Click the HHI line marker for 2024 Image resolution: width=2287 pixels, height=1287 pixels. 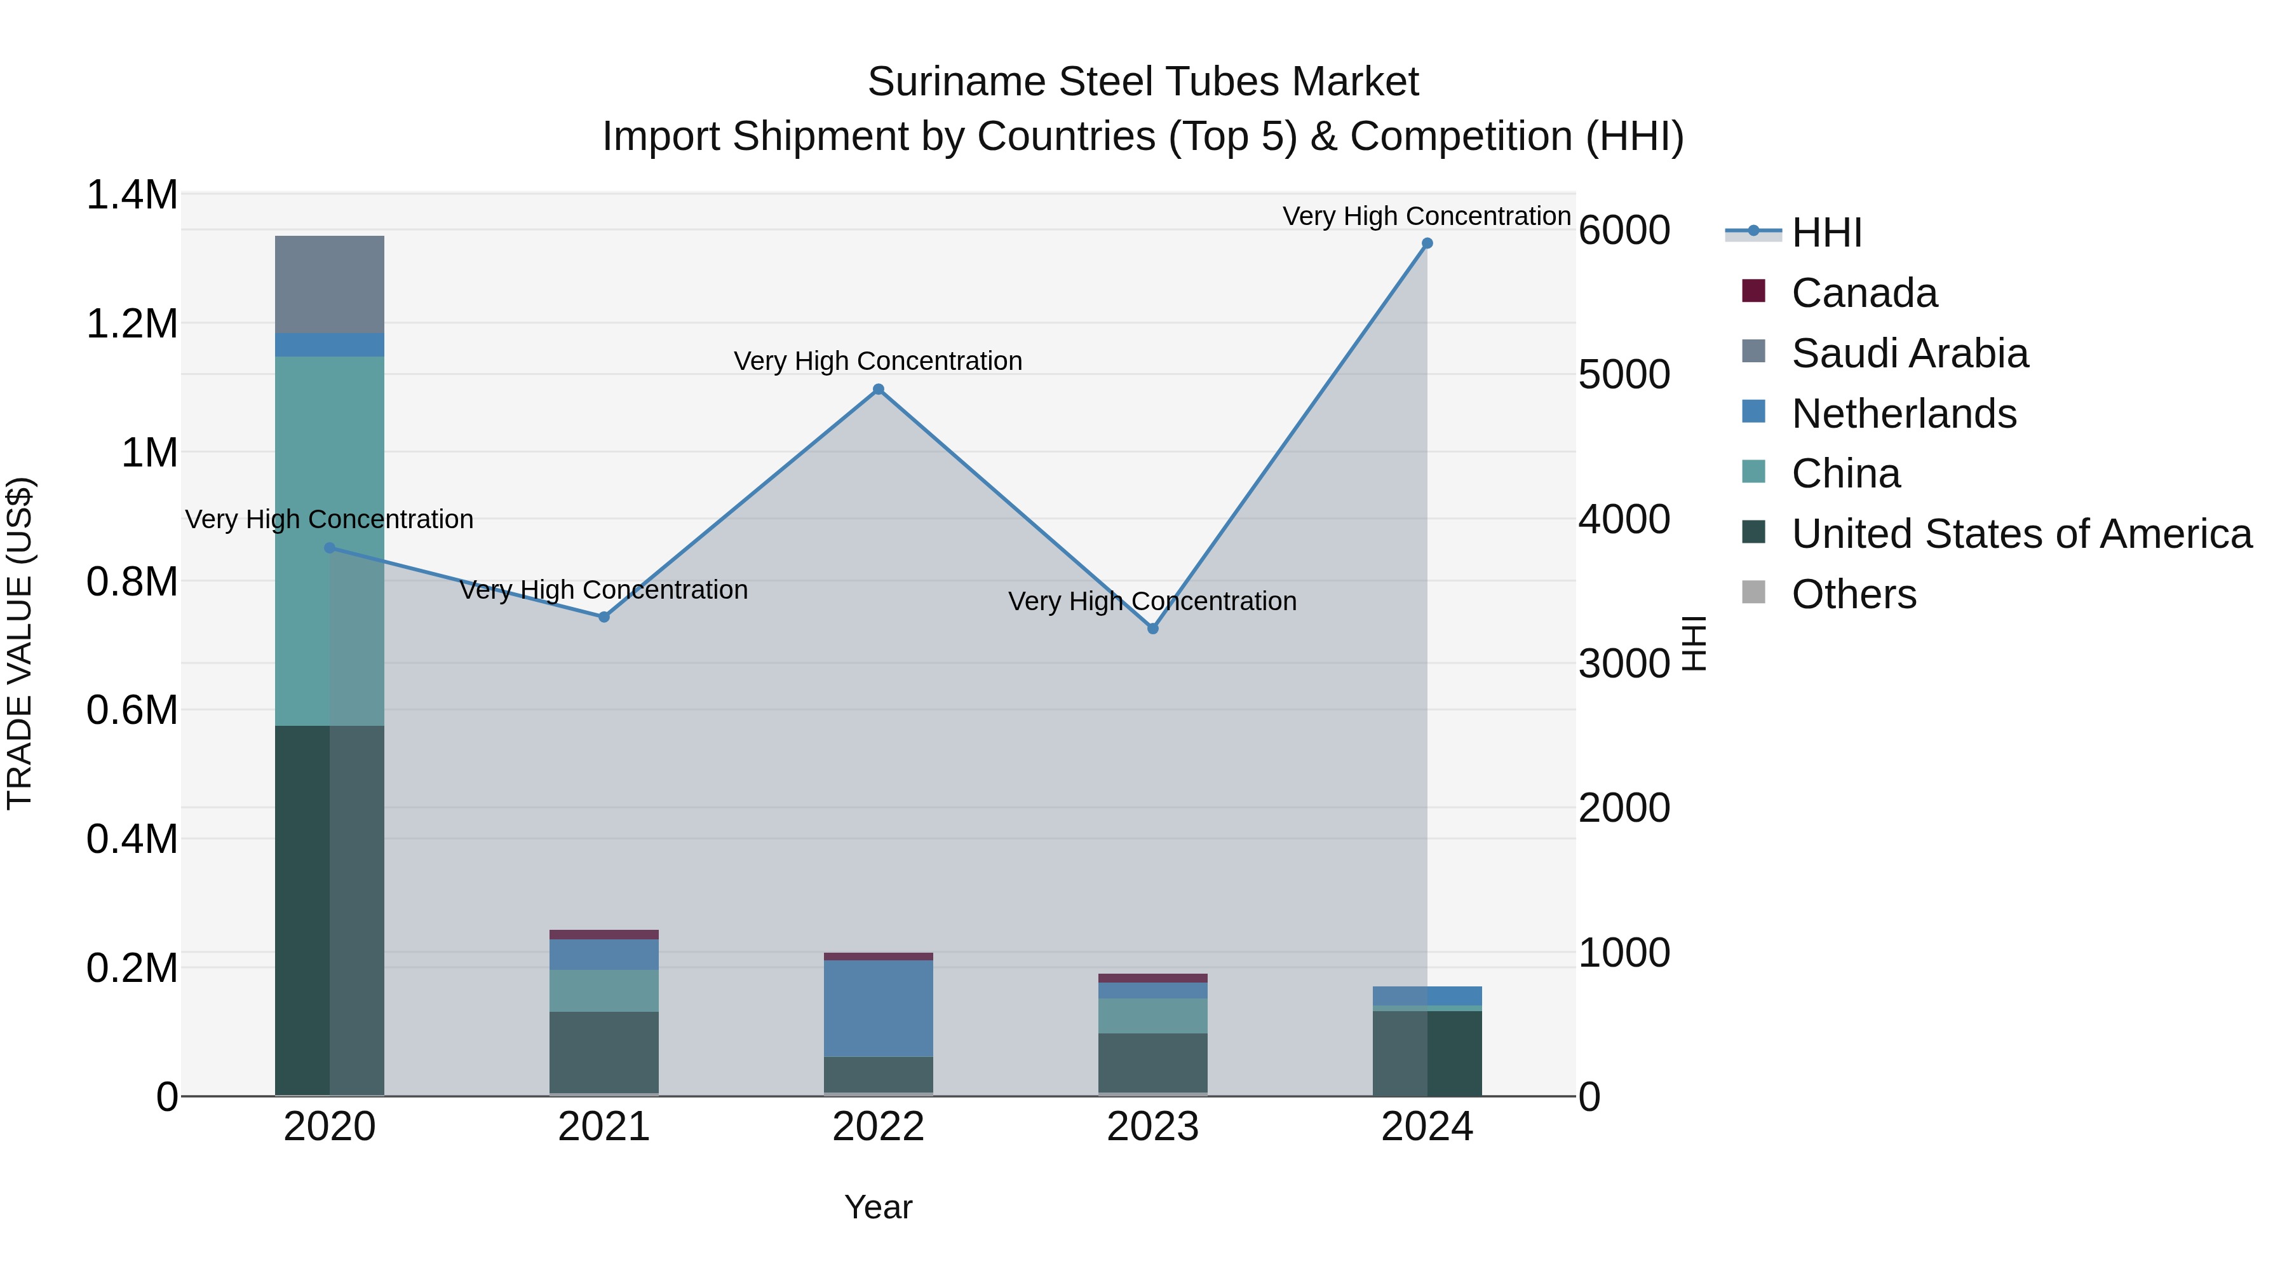click(x=1427, y=243)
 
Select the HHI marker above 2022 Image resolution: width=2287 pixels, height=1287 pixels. click(x=878, y=389)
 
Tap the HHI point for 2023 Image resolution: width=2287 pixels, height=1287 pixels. click(x=1152, y=629)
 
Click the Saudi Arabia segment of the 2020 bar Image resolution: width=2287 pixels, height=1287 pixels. click(x=329, y=284)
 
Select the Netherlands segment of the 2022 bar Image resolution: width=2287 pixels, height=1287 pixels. click(x=878, y=1008)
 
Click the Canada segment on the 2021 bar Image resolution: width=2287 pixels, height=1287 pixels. click(x=604, y=934)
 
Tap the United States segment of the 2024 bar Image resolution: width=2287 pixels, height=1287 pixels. click(x=1427, y=1052)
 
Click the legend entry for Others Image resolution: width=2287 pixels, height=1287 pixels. click(x=1853, y=594)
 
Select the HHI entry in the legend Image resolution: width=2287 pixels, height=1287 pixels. click(x=1826, y=233)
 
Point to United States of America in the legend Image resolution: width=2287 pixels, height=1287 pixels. click(x=2021, y=534)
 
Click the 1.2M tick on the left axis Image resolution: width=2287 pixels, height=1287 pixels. click(x=132, y=324)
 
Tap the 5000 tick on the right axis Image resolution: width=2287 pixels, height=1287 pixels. click(x=1624, y=375)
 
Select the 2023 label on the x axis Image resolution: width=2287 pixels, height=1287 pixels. click(x=1152, y=1127)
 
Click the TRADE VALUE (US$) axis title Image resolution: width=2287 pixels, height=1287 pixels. click(x=20, y=643)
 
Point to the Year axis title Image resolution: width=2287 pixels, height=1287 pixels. click(x=878, y=1207)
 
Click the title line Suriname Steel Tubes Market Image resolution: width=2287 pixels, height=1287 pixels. click(x=1143, y=82)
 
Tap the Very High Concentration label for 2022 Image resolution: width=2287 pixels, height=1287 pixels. click(x=878, y=362)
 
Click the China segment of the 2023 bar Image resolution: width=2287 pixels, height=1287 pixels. click(x=1152, y=1015)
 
